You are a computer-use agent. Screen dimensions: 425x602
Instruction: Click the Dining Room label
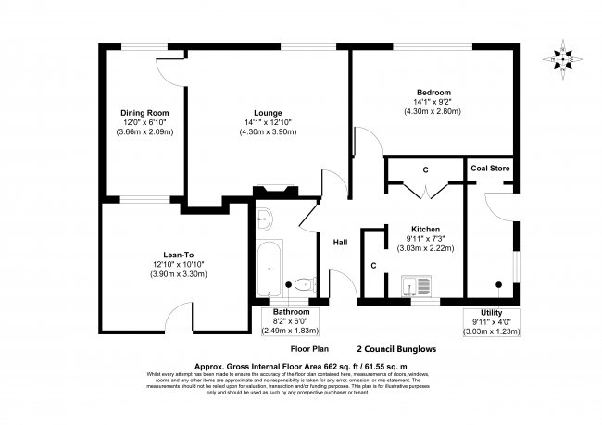(145, 112)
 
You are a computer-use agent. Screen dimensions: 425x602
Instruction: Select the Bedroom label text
(433, 93)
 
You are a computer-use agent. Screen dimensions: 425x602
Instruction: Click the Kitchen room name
(425, 229)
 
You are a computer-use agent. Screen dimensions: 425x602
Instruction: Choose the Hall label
(340, 243)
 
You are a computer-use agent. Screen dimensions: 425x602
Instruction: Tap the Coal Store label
(489, 169)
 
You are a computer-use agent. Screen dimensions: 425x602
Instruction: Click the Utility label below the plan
(492, 313)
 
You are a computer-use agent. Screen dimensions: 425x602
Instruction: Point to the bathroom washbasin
(263, 219)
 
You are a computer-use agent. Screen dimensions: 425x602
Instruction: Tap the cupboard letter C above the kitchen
(425, 169)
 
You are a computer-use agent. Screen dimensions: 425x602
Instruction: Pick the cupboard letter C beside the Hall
(372, 265)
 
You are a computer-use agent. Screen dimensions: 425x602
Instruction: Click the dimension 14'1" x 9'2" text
(433, 102)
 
